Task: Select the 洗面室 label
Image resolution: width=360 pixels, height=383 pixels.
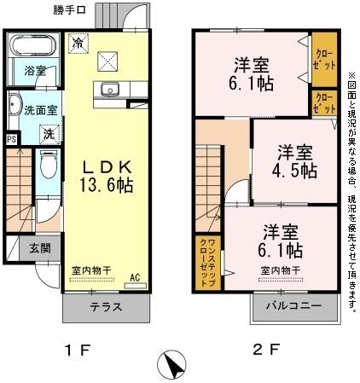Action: point(39,110)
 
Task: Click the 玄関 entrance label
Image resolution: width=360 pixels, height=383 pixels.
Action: point(38,248)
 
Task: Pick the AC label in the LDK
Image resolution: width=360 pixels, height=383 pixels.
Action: point(135,276)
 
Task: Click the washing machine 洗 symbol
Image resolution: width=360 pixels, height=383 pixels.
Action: point(49,133)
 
